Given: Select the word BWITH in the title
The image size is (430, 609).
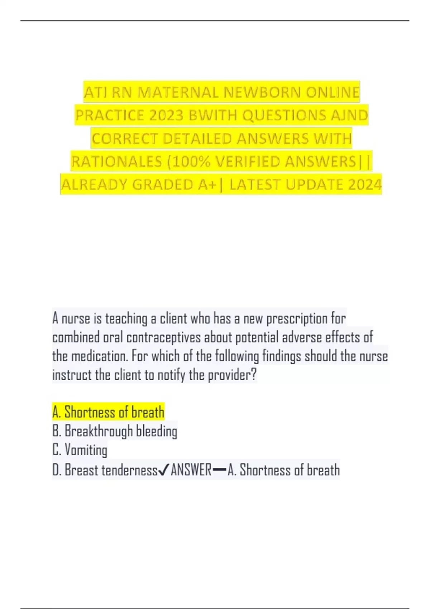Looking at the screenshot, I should (x=214, y=115).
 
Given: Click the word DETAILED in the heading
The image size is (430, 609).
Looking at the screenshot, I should (x=197, y=139).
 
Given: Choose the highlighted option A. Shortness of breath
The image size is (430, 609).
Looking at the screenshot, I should (x=108, y=412).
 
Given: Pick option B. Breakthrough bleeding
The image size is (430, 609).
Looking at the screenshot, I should (x=115, y=431).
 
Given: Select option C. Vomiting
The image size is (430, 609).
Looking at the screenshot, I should (x=80, y=450).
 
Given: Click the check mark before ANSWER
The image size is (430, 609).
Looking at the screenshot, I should (x=163, y=470).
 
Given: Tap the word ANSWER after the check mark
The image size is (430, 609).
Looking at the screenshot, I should (x=191, y=470).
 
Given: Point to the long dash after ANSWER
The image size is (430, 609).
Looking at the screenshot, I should (x=219, y=470).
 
